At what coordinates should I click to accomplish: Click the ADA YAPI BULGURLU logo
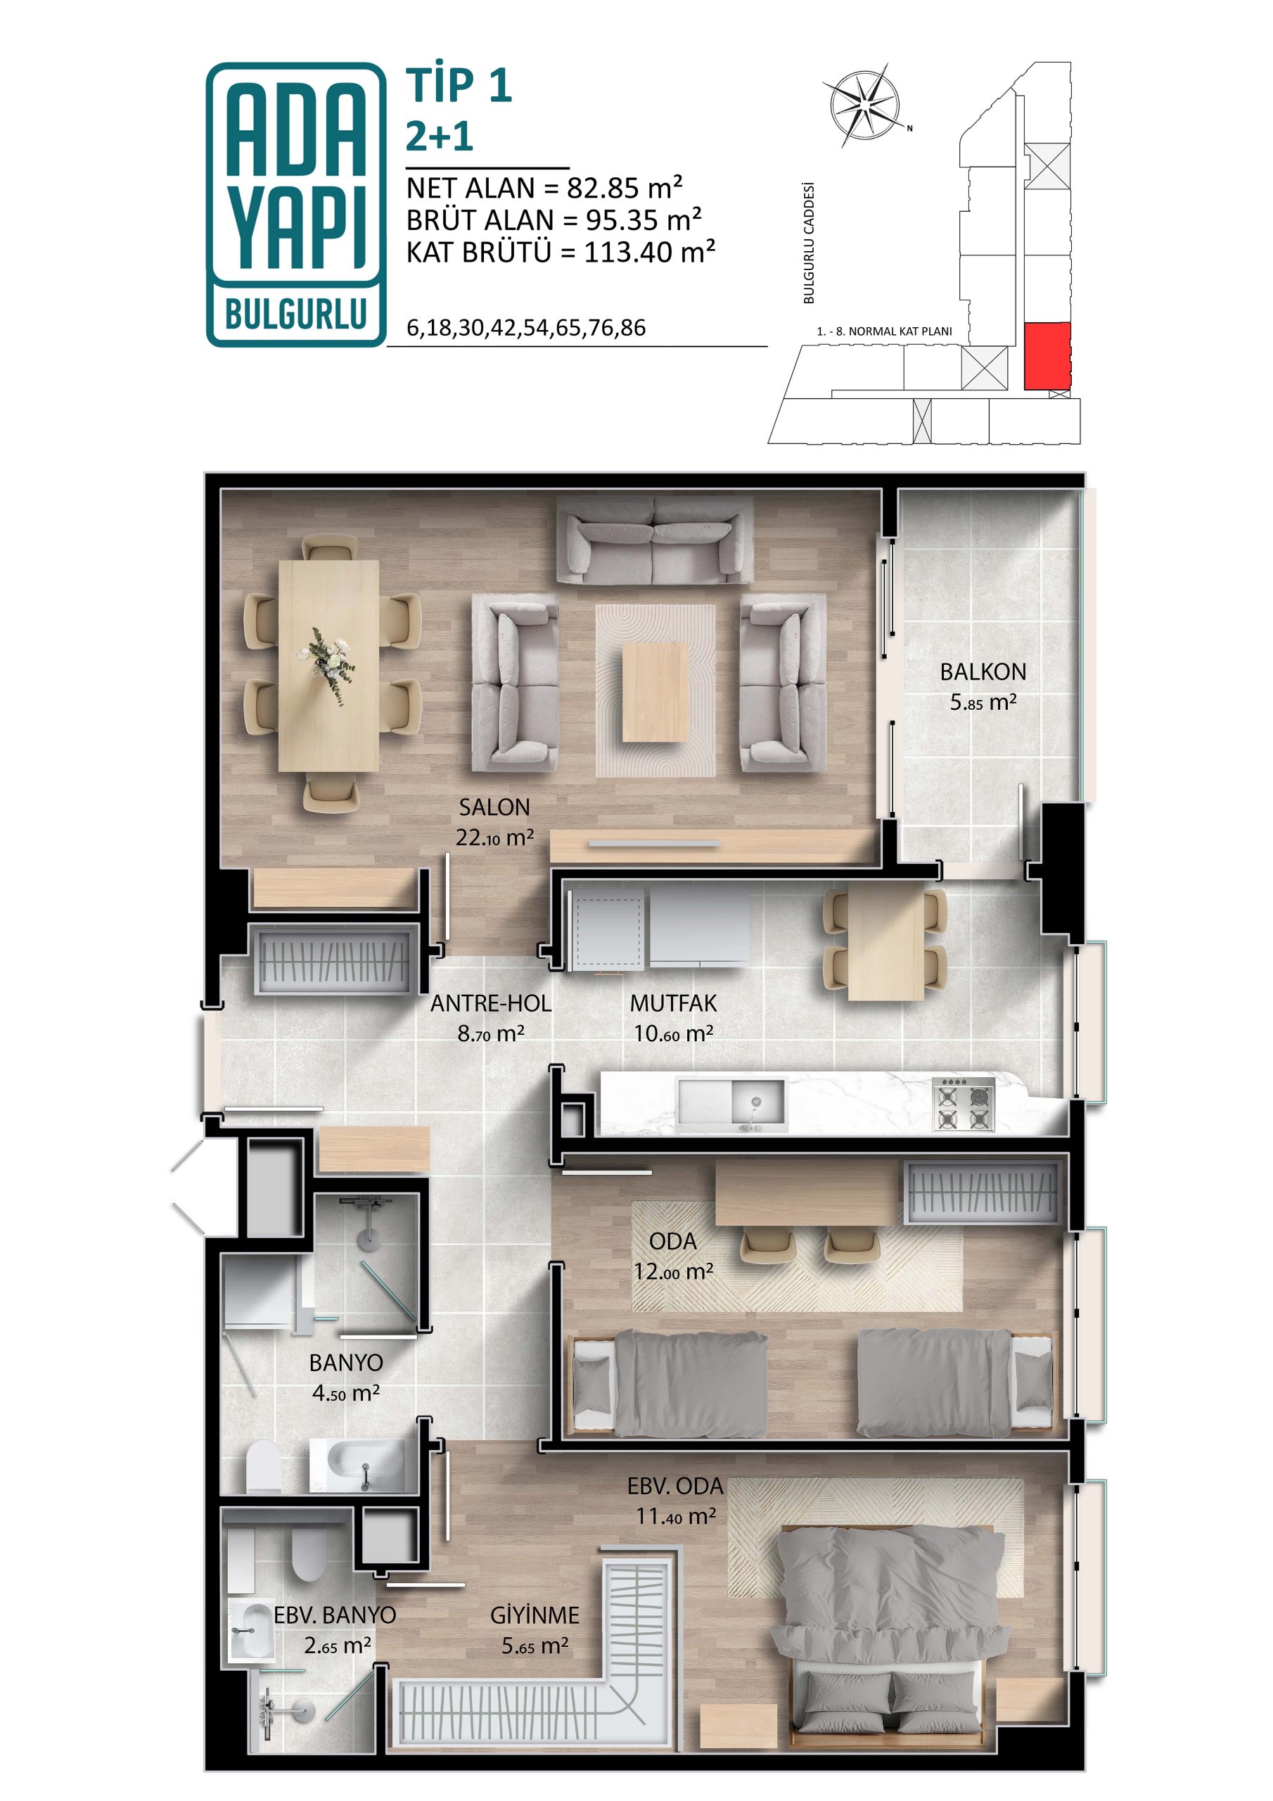[x=295, y=204]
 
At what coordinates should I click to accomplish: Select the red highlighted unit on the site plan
[x=1047, y=355]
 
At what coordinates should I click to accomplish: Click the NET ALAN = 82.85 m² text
[x=544, y=189]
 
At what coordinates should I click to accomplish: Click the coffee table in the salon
[x=655, y=692]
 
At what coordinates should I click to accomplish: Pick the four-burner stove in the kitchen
[x=963, y=1104]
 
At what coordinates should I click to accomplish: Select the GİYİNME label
[x=535, y=1615]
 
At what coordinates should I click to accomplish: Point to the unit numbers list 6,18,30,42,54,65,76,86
[x=526, y=328]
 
